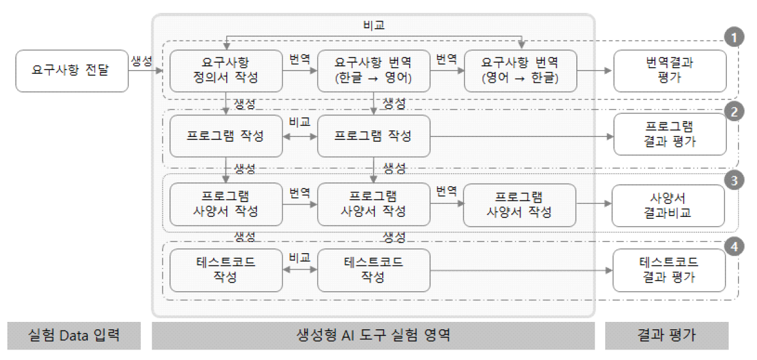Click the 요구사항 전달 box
tap(72, 71)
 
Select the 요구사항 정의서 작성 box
tap(226, 71)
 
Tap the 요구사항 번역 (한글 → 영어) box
tap(373, 71)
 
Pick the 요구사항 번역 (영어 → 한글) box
tap(520, 71)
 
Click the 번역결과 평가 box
tap(669, 71)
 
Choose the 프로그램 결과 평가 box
tap(669, 135)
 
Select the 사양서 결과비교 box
tap(669, 205)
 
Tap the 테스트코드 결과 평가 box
tap(669, 270)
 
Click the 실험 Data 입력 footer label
tap(74, 335)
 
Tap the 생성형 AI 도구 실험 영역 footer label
tap(373, 335)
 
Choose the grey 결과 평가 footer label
tap(667, 335)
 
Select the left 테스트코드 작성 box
tap(226, 270)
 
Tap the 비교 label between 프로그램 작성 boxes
tap(299, 123)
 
